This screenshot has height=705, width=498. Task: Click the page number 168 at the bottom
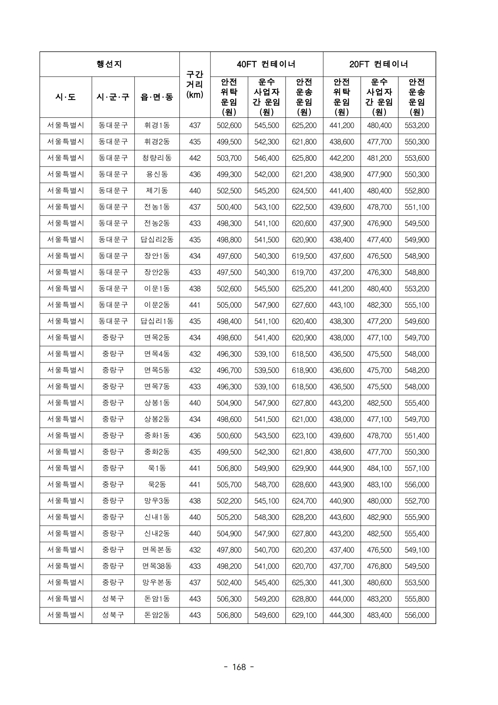(x=239, y=667)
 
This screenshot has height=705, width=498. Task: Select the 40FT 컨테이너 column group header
(x=266, y=64)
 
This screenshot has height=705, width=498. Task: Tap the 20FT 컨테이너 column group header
(x=379, y=64)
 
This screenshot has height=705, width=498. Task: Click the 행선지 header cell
(x=109, y=64)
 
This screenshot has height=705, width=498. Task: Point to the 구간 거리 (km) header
(x=195, y=85)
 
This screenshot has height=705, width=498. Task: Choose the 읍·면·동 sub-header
(x=157, y=97)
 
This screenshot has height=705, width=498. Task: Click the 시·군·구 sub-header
(x=113, y=97)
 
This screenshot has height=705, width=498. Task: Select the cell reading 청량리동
(x=157, y=158)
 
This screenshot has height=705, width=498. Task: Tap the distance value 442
(x=195, y=158)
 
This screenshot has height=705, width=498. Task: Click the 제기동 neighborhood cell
(x=157, y=191)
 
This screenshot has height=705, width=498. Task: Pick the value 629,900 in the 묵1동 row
(x=304, y=468)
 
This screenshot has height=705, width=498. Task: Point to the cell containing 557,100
(x=417, y=468)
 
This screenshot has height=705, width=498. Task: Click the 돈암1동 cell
(x=157, y=599)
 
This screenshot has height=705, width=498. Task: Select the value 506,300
(x=229, y=599)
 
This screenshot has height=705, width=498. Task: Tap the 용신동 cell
(x=157, y=175)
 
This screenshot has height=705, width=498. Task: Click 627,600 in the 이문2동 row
(x=304, y=305)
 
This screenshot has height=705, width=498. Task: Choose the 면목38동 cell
(x=157, y=566)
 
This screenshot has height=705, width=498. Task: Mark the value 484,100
(x=379, y=468)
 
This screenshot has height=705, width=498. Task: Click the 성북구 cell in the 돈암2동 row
(x=113, y=615)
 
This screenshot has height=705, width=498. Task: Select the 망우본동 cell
(x=157, y=582)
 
